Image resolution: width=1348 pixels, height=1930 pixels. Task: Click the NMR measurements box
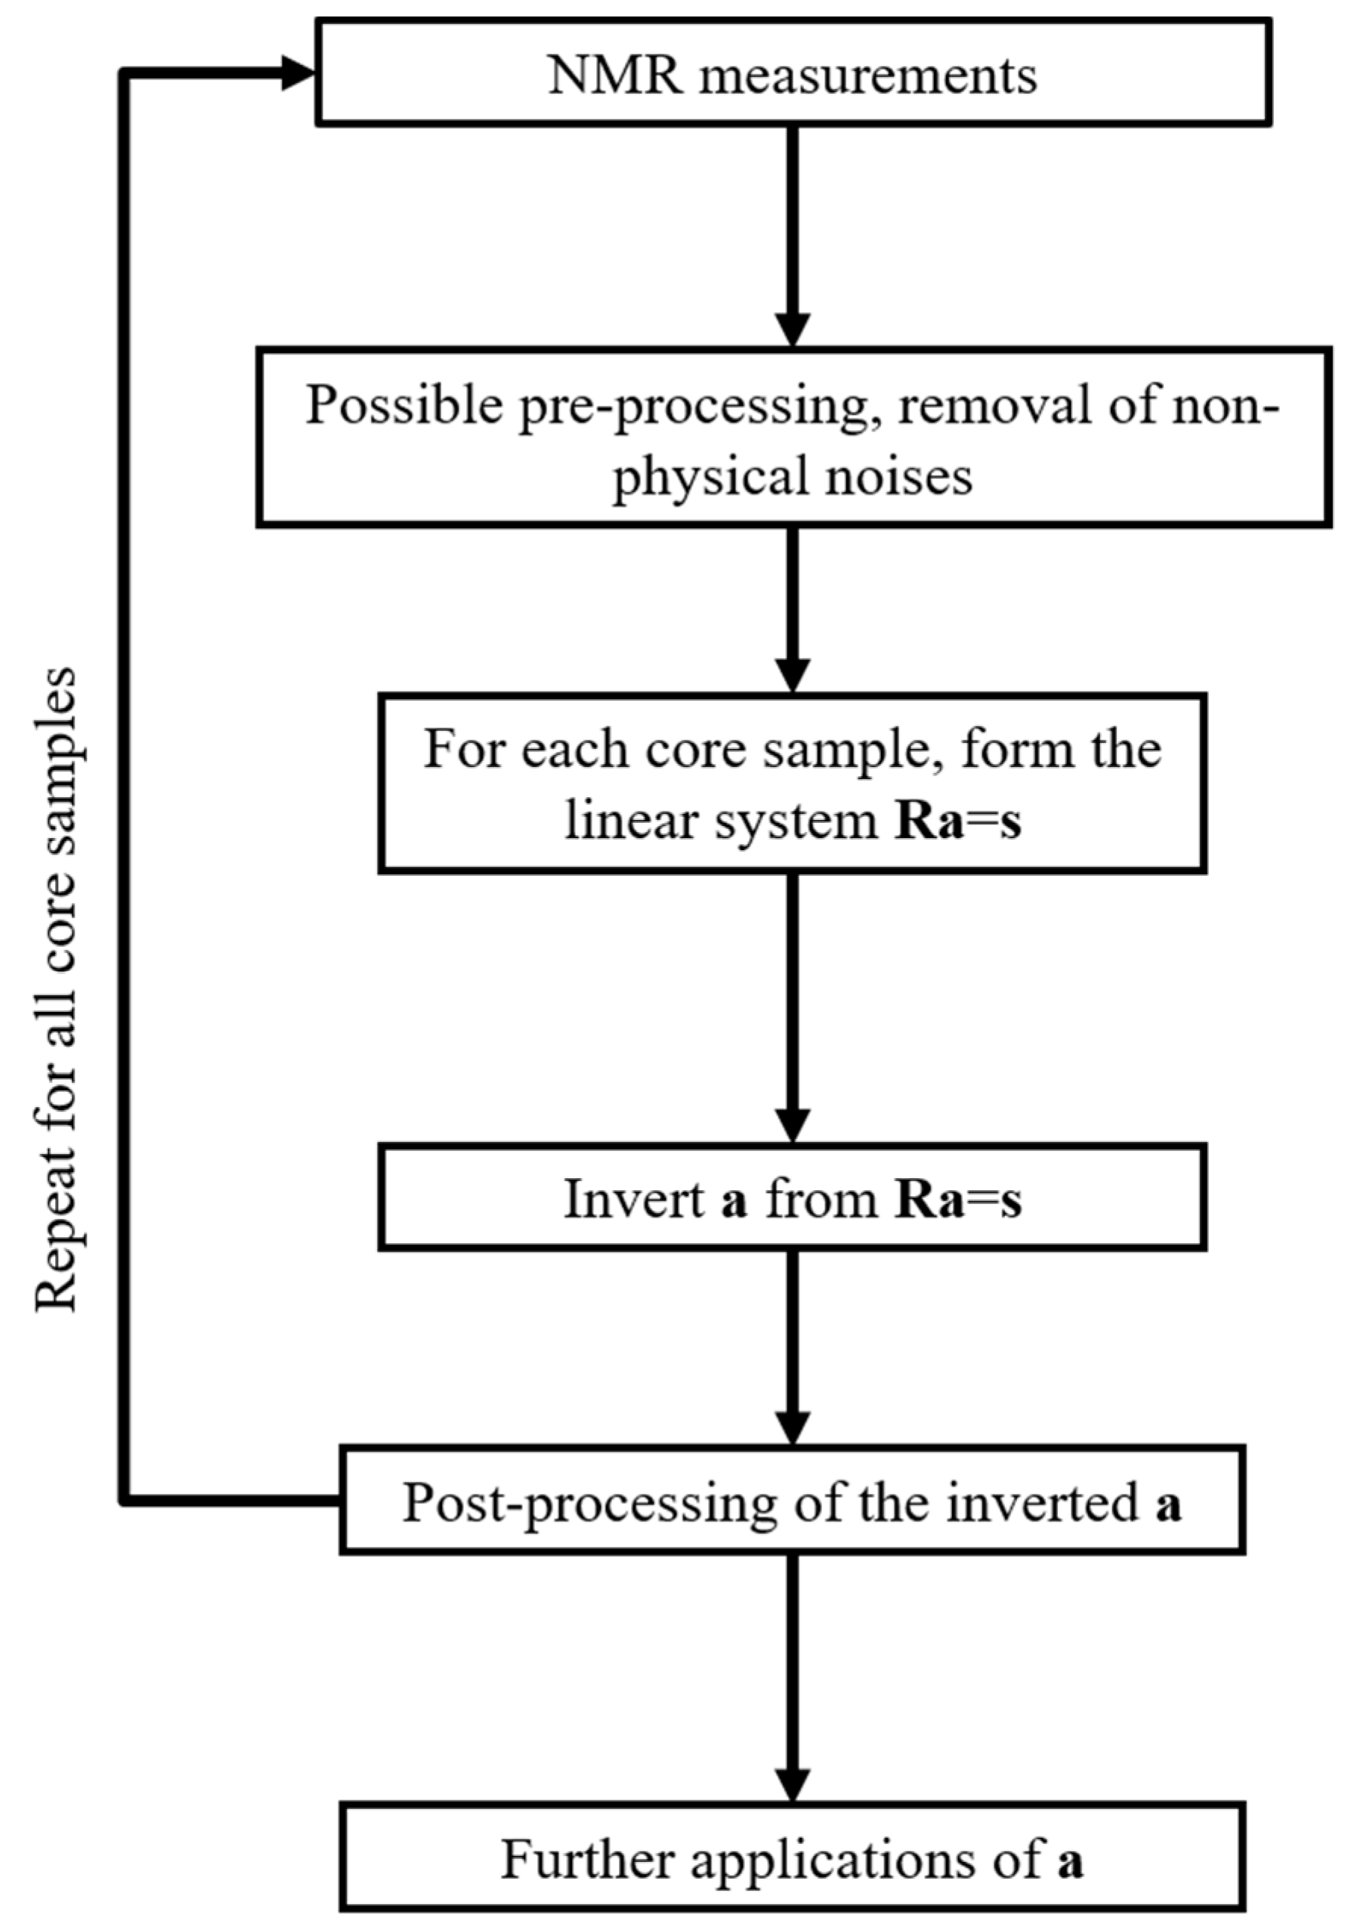[x=793, y=74]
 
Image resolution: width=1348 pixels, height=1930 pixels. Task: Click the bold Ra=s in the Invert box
[x=958, y=1199]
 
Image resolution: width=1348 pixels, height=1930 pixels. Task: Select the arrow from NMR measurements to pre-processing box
[x=792, y=235]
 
